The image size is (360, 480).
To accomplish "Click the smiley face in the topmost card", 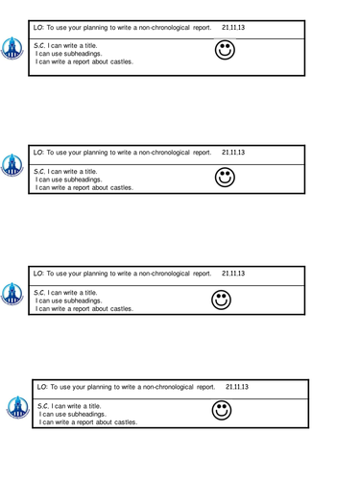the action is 224,50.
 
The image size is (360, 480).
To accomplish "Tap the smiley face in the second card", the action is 225,177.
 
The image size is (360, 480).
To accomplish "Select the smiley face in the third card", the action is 222,300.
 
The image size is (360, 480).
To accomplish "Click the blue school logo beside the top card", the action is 12,47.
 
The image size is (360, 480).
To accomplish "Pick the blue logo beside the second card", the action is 12,164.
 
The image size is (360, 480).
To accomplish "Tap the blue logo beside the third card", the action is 12,293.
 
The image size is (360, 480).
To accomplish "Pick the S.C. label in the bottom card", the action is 43,406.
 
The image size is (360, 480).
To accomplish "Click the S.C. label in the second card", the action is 39,171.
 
